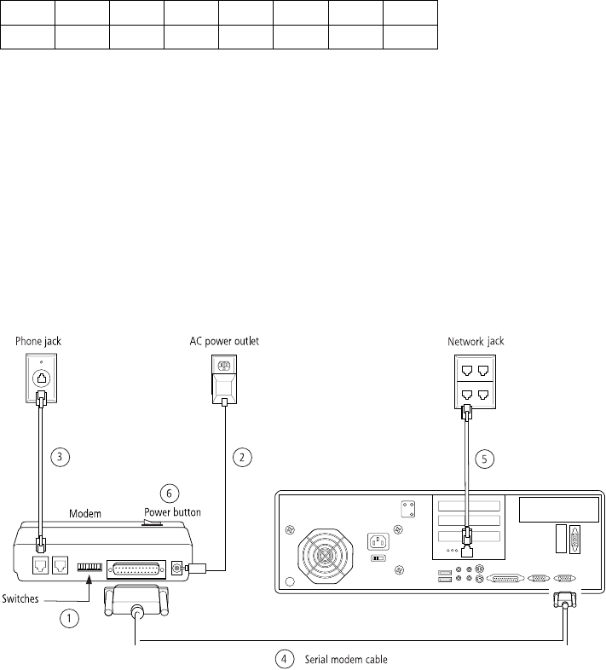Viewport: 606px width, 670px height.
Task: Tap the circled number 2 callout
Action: point(243,457)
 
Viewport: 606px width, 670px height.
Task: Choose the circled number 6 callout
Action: point(170,494)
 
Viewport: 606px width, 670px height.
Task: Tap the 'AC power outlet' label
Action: point(223,341)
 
